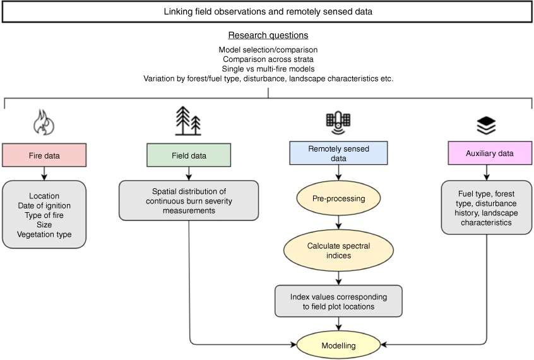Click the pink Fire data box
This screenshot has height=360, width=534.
44,155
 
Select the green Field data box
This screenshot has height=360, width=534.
189,155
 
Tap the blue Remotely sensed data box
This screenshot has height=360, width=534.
338,153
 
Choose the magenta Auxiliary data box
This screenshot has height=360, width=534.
490,153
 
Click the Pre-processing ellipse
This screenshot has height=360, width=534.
338,198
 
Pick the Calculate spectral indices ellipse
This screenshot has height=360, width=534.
338,251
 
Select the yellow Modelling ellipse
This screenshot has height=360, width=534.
338,345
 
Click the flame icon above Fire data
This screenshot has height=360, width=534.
44,122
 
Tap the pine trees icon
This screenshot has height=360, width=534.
188,121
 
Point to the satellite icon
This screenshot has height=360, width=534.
338,123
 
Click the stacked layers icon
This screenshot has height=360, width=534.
486,125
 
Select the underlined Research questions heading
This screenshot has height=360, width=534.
268,35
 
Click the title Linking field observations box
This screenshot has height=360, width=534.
268,11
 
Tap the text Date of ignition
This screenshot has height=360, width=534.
44,205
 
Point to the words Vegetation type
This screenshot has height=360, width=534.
44,234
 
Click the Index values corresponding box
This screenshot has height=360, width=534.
338,301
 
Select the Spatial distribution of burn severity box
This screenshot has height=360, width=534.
189,200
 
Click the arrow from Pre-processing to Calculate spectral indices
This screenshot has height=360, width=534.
338,222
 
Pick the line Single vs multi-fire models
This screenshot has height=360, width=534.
268,68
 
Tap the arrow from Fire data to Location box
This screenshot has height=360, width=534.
44,174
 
